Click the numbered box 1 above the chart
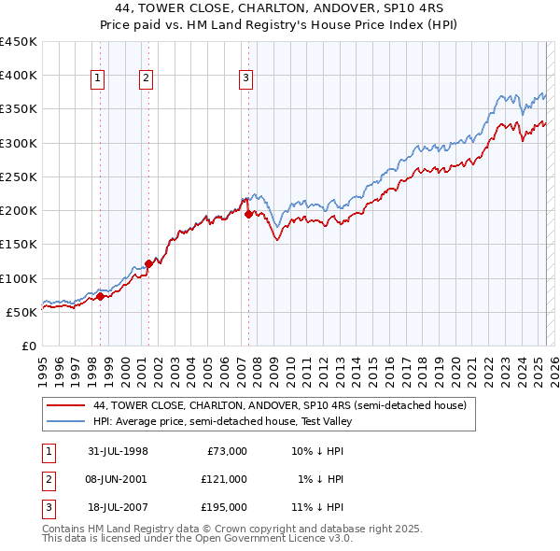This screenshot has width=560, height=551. click(98, 79)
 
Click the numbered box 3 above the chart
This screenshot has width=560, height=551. click(245, 79)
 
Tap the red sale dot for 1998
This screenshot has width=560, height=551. click(101, 297)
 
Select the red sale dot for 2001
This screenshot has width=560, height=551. click(148, 264)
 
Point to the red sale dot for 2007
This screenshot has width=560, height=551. click(248, 214)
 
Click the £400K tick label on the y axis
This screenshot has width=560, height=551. click(19, 76)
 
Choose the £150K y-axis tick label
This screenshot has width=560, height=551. click(19, 245)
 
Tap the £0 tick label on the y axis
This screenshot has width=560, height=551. click(28, 346)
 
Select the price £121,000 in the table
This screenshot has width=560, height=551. click(224, 479)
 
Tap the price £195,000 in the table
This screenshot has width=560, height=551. click(224, 507)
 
